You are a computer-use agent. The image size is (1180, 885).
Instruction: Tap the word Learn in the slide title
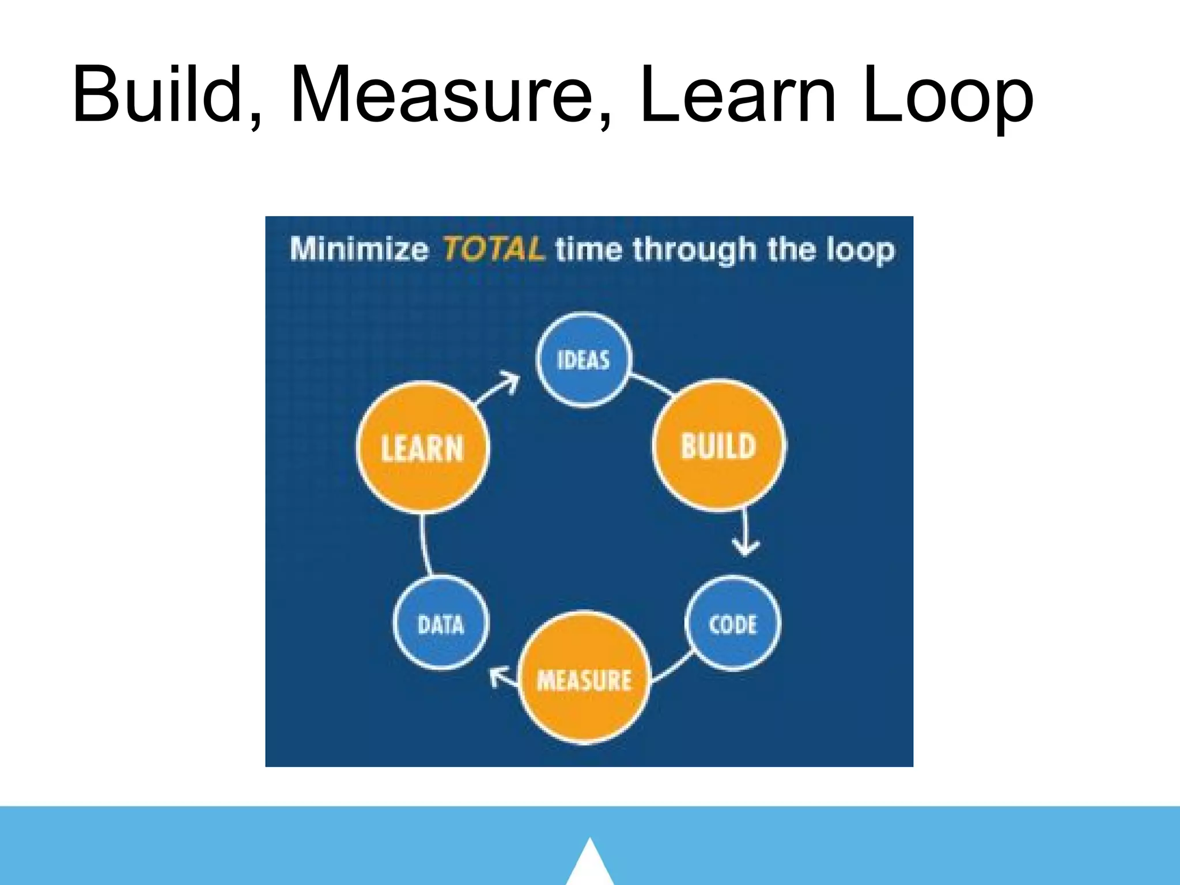point(737,95)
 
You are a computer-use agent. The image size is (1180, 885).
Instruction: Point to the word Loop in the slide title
point(948,95)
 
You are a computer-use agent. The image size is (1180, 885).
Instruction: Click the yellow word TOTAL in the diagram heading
point(493,249)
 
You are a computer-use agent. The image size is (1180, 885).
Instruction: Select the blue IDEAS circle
point(583,360)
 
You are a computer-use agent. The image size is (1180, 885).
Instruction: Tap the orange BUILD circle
point(718,445)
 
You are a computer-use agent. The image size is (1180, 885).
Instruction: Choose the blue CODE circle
point(732,623)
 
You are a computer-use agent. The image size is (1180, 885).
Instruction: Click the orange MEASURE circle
point(584,679)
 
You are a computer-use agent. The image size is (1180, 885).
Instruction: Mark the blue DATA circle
point(441,623)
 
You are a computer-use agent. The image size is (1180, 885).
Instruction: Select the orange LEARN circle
point(422,448)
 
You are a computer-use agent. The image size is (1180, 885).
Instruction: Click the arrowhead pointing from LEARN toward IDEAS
point(509,381)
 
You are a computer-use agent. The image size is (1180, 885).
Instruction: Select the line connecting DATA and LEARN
point(425,545)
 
